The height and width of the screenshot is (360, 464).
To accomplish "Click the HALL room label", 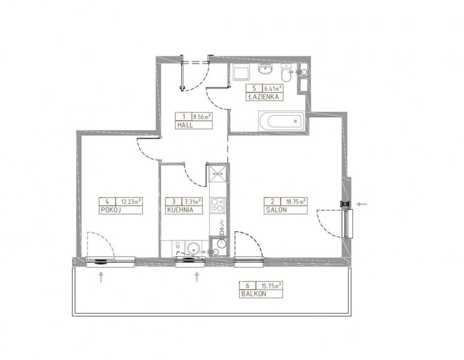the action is click(185, 125).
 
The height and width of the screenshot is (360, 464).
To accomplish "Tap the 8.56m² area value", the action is click(202, 116).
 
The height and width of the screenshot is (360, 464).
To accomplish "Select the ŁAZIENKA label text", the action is click(263, 97).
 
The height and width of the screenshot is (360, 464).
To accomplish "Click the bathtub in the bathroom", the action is click(281, 121).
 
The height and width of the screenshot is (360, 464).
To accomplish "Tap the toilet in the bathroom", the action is click(287, 73).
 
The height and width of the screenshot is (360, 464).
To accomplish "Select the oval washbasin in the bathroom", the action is click(266, 68).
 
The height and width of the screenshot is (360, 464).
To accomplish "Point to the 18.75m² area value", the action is click(296, 202).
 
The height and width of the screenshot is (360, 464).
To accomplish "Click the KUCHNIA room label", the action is click(180, 210).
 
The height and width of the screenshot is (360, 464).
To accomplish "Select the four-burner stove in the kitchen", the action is click(218, 205).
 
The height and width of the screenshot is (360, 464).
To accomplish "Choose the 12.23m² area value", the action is click(131, 202).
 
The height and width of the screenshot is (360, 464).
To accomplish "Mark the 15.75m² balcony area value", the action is click(272, 286).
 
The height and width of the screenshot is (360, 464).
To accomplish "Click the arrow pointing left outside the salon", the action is click(361, 204).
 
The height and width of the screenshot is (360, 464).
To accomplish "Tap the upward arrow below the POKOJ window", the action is click(101, 277).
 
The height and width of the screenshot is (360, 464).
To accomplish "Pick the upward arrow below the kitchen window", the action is click(197, 277).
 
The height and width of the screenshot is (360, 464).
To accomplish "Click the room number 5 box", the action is click(254, 88).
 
